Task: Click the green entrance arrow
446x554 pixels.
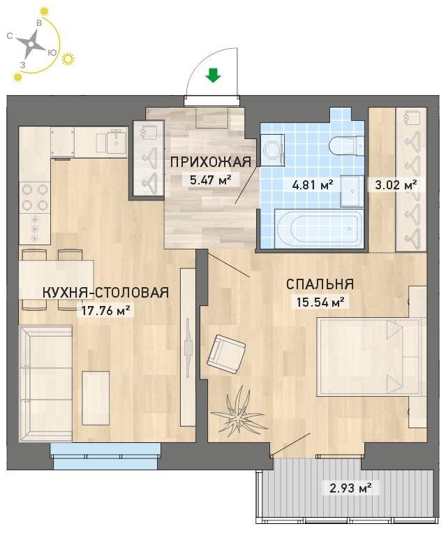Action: tap(213, 75)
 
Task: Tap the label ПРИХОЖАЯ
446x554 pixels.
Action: tap(211, 162)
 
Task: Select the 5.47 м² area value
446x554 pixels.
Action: tap(211, 180)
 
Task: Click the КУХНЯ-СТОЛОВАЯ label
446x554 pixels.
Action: tap(105, 293)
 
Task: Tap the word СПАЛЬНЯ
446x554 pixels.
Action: tap(320, 284)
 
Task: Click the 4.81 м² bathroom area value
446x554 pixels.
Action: tap(312, 184)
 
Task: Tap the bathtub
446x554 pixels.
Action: tap(319, 228)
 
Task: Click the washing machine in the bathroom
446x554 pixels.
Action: tap(272, 150)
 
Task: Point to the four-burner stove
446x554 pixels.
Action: tap(35, 197)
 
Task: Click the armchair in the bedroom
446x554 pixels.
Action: tap(226, 353)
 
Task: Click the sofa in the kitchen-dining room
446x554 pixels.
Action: tap(46, 384)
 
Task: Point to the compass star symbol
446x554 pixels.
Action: tap(31, 45)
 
